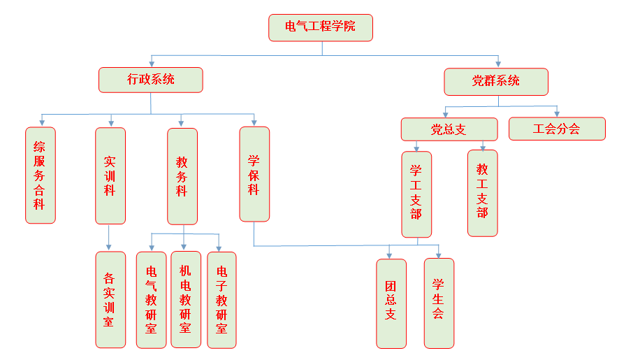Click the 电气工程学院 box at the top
(x=321, y=27)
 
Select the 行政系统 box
(x=151, y=80)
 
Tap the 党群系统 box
(x=496, y=81)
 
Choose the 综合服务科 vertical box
(x=41, y=175)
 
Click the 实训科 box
(x=110, y=175)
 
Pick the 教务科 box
(x=182, y=175)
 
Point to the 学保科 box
(x=254, y=173)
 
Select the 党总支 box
(x=449, y=129)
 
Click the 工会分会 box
(x=557, y=129)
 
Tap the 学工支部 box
(x=416, y=194)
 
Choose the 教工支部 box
(x=483, y=192)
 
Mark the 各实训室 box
(x=110, y=299)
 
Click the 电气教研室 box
(x=152, y=299)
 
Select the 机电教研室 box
(x=186, y=299)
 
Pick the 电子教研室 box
(x=222, y=299)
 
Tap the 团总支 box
(x=391, y=303)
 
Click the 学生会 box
(x=439, y=303)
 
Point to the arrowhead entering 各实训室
(x=108, y=247)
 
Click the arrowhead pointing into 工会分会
(x=557, y=113)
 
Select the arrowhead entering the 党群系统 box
(x=497, y=63)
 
